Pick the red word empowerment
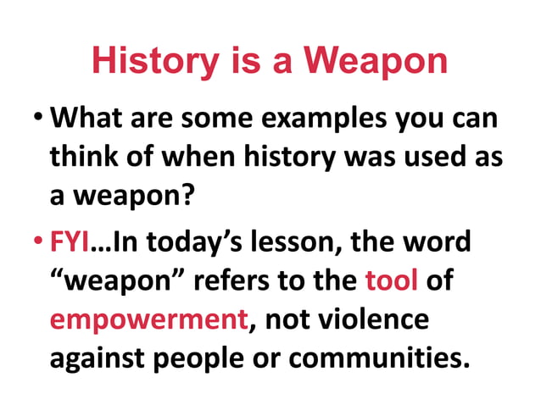pos(141,320)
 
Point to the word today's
pos(192,242)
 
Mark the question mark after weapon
pos(198,197)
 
